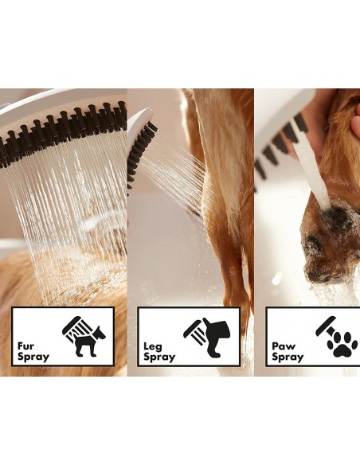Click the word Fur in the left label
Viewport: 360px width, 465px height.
(x=25, y=346)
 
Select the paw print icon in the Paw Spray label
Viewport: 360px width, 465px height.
(x=341, y=345)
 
